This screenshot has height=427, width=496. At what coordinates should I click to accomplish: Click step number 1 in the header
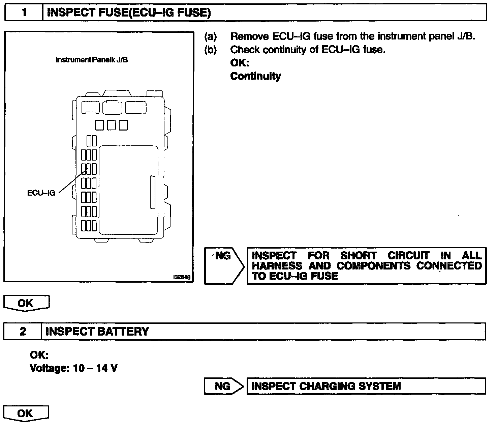pyautogui.click(x=24, y=13)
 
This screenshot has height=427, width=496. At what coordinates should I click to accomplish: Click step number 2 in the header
pyautogui.click(x=23, y=332)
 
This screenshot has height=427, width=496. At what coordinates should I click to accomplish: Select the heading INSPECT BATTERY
pyautogui.click(x=97, y=332)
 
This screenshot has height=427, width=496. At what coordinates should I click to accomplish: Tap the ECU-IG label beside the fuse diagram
pyautogui.click(x=41, y=194)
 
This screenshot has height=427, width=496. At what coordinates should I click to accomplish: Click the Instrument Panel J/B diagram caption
pyautogui.click(x=91, y=60)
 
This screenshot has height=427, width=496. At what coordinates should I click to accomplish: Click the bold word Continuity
pyautogui.click(x=255, y=76)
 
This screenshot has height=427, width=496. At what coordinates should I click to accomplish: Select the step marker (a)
pyautogui.click(x=210, y=36)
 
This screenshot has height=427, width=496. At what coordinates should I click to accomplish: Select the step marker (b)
pyautogui.click(x=210, y=50)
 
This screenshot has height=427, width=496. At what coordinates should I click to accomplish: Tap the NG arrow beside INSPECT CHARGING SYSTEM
pyautogui.click(x=224, y=386)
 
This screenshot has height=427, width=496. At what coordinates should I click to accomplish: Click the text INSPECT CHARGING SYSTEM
pyautogui.click(x=326, y=386)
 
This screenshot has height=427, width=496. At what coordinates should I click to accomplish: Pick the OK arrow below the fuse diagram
pyautogui.click(x=26, y=303)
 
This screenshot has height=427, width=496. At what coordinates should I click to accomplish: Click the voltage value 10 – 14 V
pyautogui.click(x=95, y=368)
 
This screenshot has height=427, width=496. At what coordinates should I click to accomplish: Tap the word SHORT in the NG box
pyautogui.click(x=358, y=256)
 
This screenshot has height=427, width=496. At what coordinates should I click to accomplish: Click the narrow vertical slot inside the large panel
pyautogui.click(x=152, y=192)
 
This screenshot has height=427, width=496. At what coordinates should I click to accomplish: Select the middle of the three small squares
pyautogui.click(x=112, y=125)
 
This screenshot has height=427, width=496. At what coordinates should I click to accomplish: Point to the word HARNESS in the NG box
pyautogui.click(x=277, y=266)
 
